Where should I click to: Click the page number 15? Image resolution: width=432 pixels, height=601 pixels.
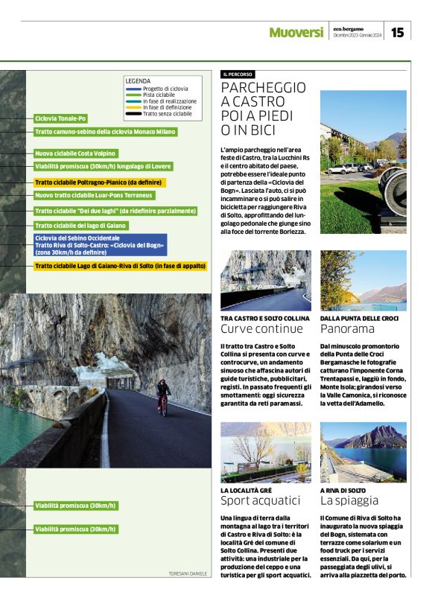[398, 32]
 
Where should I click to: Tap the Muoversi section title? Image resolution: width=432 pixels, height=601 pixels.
[296, 33]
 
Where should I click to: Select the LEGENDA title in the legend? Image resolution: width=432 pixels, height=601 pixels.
[138, 80]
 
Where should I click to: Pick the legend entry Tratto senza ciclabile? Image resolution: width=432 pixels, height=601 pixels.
[167, 114]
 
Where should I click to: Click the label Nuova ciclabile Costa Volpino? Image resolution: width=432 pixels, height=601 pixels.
[76, 153]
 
